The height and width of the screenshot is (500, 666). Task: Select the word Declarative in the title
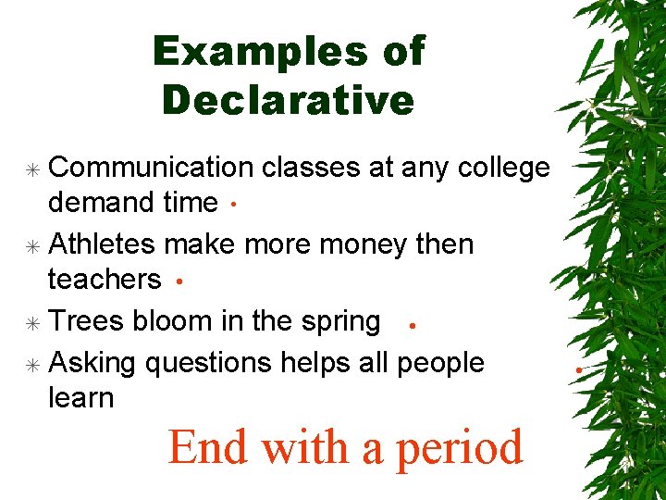288,100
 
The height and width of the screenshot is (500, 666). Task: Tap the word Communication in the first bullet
150,167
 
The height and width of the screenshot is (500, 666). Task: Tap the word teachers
104,279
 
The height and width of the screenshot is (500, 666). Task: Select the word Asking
92,363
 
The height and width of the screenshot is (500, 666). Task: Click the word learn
80,398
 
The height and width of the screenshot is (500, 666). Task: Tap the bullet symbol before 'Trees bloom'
33,322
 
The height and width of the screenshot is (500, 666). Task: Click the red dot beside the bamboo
576,371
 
